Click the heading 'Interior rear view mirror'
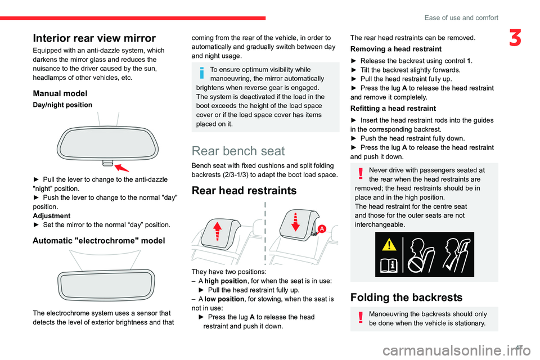[94, 38]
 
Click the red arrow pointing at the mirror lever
[121, 168]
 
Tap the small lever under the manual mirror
[108, 163]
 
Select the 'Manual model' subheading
[60, 93]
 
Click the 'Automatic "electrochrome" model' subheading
[99, 240]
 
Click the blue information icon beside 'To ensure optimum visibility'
[202, 73]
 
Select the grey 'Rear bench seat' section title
[238, 151]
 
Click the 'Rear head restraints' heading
[244, 191]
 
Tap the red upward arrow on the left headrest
[217, 231]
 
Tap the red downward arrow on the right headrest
[295, 222]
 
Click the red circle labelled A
[322, 229]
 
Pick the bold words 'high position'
[226, 281]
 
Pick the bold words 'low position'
[224, 299]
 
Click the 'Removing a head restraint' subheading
[395, 49]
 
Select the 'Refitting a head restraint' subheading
[393, 109]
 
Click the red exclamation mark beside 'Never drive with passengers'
[361, 173]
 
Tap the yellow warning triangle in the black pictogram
[389, 244]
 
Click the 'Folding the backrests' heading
[406, 298]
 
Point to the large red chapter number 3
[515, 38]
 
